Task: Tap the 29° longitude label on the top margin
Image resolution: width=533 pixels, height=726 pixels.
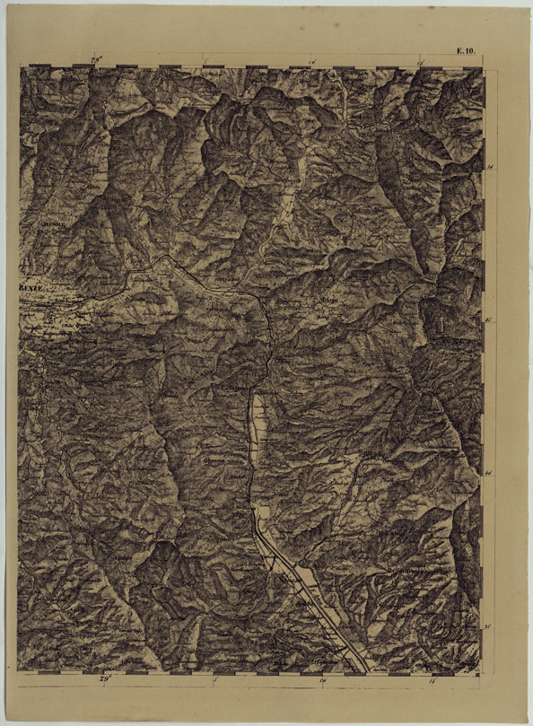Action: (97, 59)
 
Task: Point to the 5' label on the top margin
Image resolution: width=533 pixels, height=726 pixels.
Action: (205, 61)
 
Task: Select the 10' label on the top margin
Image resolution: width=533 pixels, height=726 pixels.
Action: (311, 61)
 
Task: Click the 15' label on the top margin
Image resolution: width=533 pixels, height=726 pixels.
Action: (421, 61)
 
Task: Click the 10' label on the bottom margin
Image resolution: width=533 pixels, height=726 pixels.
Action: (323, 680)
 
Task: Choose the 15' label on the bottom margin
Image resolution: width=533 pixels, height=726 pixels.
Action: (432, 680)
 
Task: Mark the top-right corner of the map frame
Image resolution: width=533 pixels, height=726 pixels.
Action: (482, 66)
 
